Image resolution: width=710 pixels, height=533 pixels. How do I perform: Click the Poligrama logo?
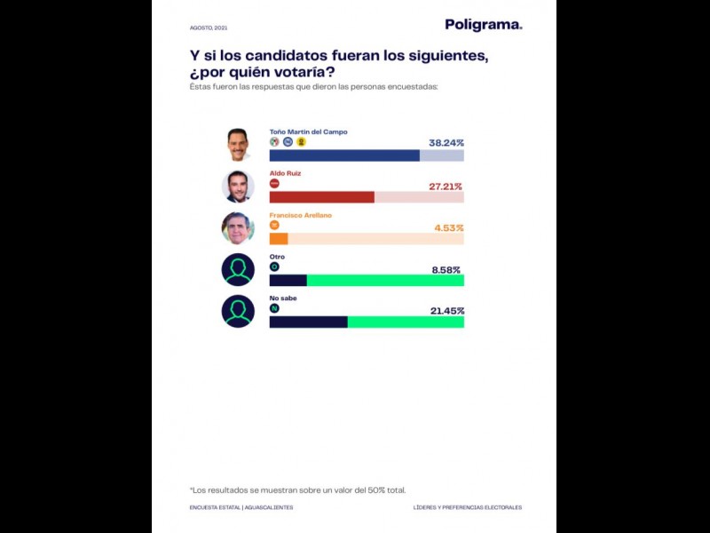coord(483,25)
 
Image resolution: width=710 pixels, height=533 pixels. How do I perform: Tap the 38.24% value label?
coord(446,142)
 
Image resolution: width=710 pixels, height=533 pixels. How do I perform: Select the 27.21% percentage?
coord(446,187)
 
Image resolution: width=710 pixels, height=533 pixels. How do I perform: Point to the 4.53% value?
coord(448,228)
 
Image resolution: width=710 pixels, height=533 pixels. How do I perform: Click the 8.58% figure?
coord(446,270)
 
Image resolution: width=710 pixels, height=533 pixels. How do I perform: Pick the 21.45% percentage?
coord(446,311)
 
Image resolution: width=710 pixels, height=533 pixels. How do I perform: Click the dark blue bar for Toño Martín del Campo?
coord(344,155)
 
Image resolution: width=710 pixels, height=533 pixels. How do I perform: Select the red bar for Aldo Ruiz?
coord(321,197)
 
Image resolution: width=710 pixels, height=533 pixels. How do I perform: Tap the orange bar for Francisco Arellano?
coord(279,239)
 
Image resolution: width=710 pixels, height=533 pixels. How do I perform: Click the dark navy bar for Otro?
coord(288,281)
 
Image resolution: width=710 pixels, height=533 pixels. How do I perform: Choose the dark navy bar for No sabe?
coord(308,322)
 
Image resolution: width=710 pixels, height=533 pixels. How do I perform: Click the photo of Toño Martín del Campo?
coord(238,144)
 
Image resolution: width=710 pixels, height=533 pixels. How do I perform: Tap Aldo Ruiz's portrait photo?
coord(238,187)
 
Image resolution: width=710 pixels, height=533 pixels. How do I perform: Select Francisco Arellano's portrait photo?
coord(238,228)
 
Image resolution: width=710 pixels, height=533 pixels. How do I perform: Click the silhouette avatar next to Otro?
coord(238,270)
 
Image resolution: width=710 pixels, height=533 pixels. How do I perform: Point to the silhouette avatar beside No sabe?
coord(238,311)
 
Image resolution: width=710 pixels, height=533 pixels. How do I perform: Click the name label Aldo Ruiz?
coord(285,173)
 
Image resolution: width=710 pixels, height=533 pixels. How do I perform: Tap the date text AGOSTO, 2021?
coord(209,28)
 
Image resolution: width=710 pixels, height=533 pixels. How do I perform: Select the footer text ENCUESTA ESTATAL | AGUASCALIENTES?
coord(241,507)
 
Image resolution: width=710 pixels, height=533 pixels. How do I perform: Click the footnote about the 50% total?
coord(297,489)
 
